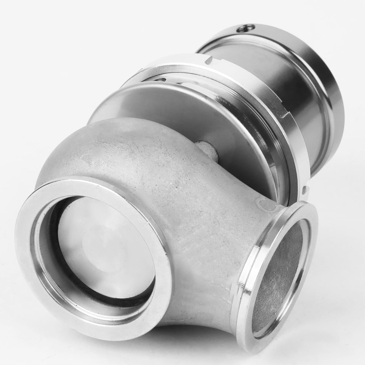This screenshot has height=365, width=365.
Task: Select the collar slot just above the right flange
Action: [x=304, y=190]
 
